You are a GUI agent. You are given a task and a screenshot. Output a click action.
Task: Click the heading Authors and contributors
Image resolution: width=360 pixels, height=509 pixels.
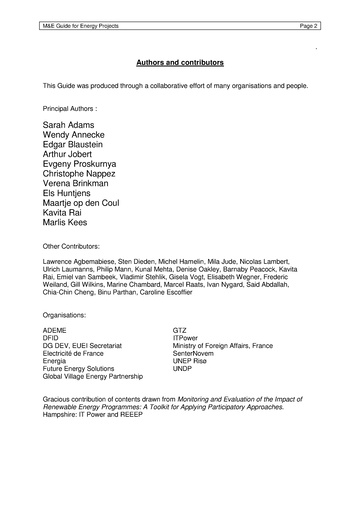coord(180,61)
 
